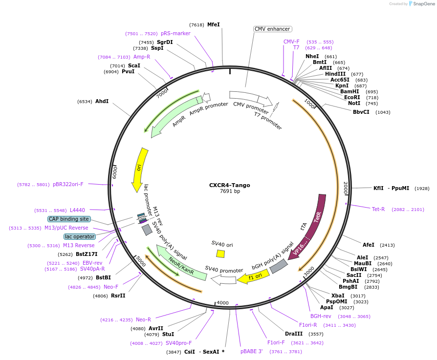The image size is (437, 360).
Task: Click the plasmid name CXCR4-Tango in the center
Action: pyautogui.click(x=224, y=185)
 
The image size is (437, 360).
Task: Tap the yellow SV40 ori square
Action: pyautogui.click(x=220, y=254)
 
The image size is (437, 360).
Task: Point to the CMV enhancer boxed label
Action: pyautogui.click(x=272, y=29)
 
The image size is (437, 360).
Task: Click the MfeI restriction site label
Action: pyautogui.click(x=214, y=24)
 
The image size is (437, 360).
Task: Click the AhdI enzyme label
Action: pyautogui.click(x=102, y=102)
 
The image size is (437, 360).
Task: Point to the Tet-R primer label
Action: pyautogui.click(x=378, y=209)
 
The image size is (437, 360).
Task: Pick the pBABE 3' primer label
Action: pyautogui.click(x=252, y=351)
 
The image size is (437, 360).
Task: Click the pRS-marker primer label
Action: pyautogui.click(x=175, y=33)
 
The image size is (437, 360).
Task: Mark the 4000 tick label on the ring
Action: pyautogui.click(x=222, y=303)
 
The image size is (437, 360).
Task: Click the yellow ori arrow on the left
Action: pyautogui.click(x=140, y=169)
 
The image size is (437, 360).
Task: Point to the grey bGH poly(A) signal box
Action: pyautogui.click(x=279, y=266)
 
